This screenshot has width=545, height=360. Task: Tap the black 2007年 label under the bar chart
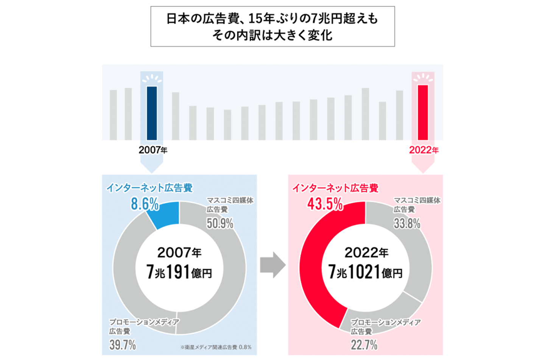point(153,150)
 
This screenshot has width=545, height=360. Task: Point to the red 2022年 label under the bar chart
point(424,150)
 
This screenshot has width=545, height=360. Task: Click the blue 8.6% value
point(145,204)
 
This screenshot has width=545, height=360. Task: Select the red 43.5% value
point(325,204)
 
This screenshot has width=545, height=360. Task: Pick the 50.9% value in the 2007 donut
point(220,223)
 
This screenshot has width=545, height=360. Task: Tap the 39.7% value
point(123,345)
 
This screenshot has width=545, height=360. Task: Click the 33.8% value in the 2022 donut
point(407,223)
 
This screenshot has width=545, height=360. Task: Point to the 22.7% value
point(364,345)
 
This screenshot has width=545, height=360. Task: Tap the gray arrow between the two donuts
point(272,265)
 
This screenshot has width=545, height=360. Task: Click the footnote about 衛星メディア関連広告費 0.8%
point(216,347)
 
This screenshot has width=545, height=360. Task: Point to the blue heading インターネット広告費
point(149,188)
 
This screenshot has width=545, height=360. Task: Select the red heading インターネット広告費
point(335,188)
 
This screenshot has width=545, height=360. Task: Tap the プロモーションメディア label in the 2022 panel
point(385,323)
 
